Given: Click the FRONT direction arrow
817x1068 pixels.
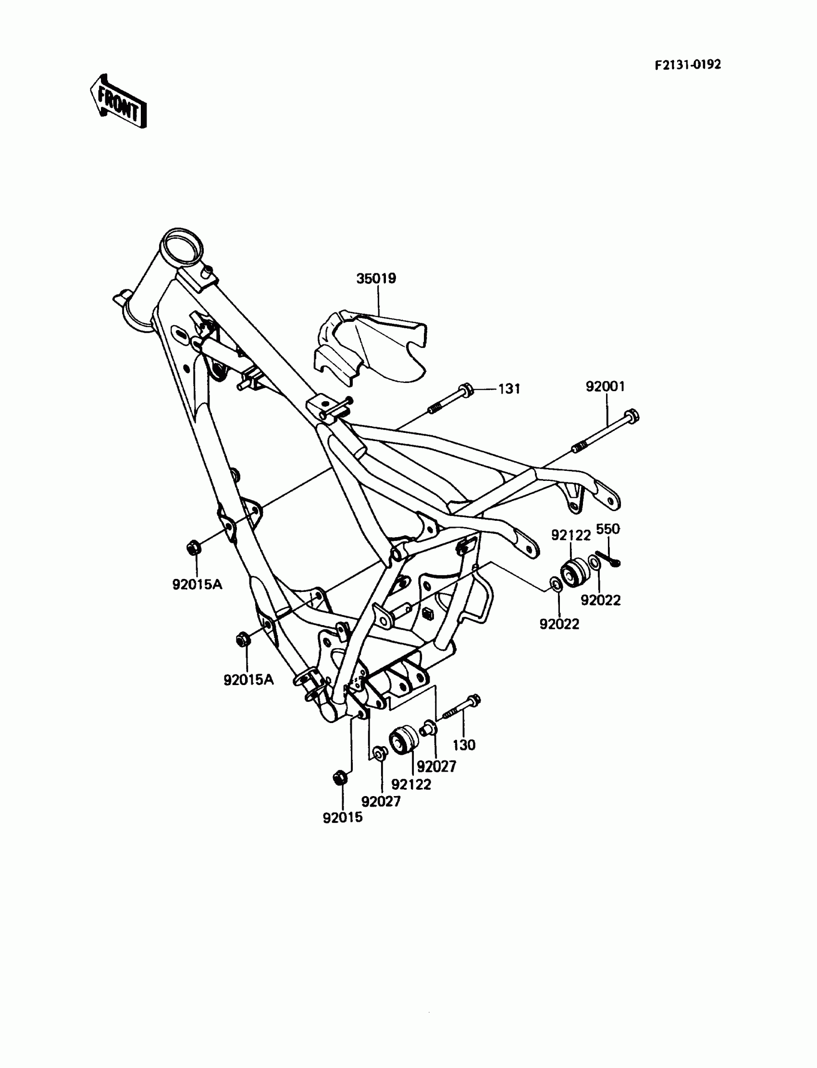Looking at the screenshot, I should click(x=118, y=101).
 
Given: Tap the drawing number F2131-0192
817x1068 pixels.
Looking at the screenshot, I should click(x=687, y=65).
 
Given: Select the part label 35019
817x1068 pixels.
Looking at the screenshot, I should click(x=376, y=279).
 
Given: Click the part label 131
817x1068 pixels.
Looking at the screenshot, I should click(x=509, y=389).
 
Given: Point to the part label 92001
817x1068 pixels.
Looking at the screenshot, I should click(x=605, y=386).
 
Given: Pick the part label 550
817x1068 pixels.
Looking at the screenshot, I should click(x=608, y=528).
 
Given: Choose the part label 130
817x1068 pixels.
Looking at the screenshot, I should click(x=463, y=745).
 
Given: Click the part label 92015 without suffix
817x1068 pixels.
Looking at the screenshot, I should click(x=342, y=818).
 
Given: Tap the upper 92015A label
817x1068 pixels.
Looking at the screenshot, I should click(x=197, y=584).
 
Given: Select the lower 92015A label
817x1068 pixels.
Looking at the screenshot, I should click(x=248, y=680).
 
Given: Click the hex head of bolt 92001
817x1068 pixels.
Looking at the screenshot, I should click(x=631, y=416).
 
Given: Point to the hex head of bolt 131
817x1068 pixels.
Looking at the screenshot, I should click(x=465, y=389).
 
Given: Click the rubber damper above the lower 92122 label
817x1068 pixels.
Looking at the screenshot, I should click(x=404, y=741).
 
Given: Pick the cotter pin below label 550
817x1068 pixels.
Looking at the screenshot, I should click(x=608, y=559).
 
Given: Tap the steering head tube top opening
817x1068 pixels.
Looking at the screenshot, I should click(x=181, y=248).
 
